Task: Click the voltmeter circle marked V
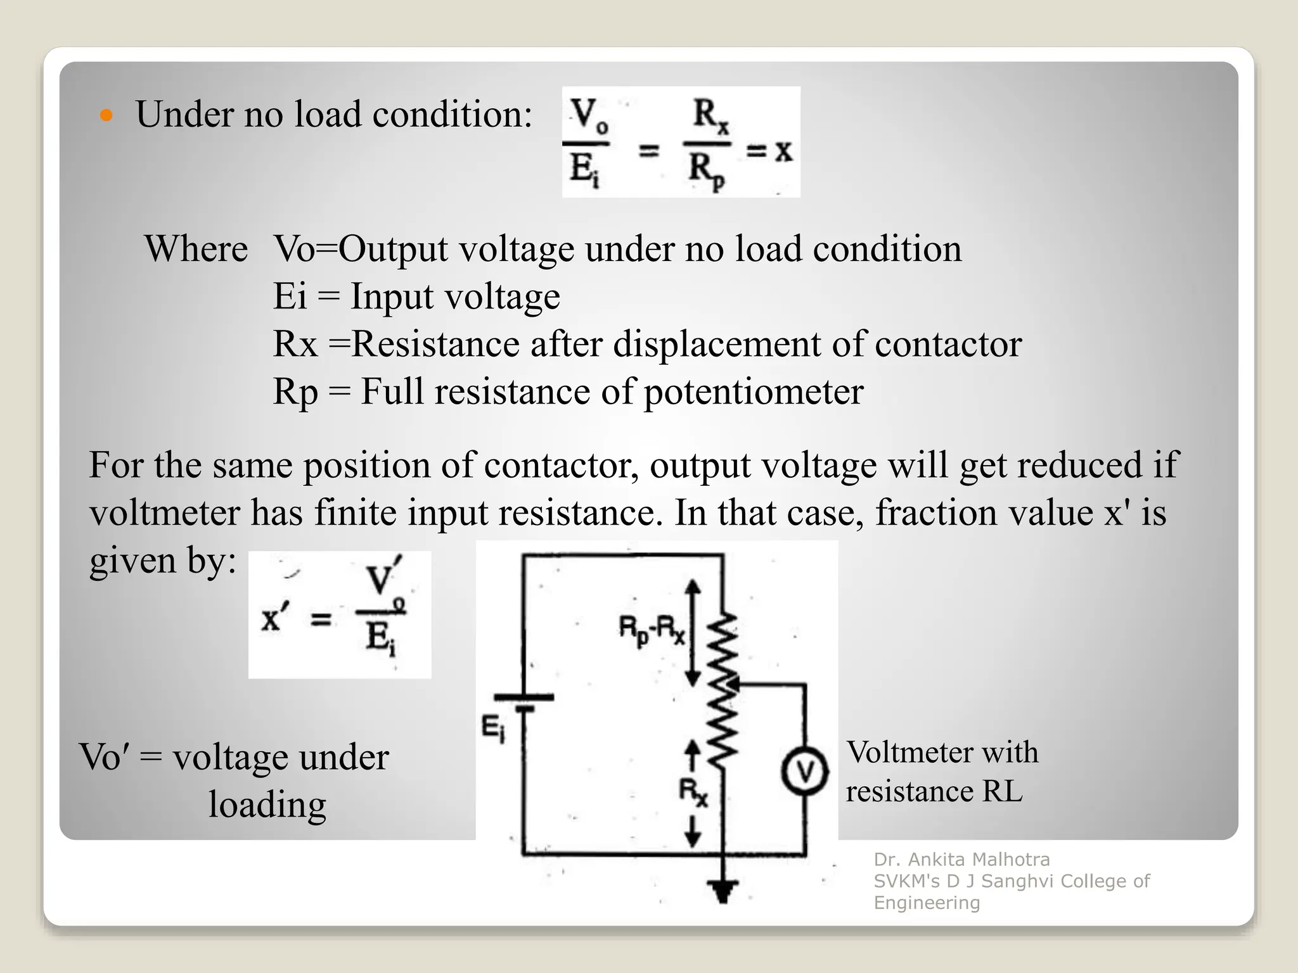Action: click(x=804, y=772)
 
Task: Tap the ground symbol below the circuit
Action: click(x=723, y=890)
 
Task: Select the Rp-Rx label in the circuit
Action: click(x=652, y=631)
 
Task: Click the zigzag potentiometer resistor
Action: click(x=722, y=690)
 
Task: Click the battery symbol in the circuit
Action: click(x=524, y=702)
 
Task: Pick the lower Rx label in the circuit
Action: click(x=693, y=792)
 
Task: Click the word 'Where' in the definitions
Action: click(x=196, y=248)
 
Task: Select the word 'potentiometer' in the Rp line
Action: click(x=754, y=391)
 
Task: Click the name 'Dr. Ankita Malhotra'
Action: click(x=961, y=860)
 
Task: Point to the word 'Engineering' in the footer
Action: click(x=927, y=903)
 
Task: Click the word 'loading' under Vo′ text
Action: click(x=267, y=804)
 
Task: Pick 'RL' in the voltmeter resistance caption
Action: click(x=1002, y=792)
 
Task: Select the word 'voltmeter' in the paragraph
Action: click(x=164, y=512)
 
